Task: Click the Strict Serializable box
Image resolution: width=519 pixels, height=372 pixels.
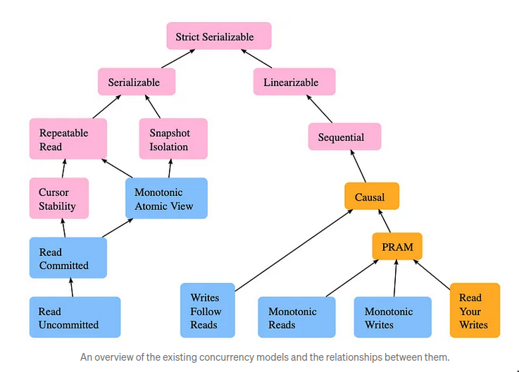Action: click(219, 37)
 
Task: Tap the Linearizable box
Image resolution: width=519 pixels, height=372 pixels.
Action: click(294, 82)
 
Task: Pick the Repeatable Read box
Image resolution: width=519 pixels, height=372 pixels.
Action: click(68, 139)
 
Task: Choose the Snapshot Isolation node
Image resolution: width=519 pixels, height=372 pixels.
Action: click(169, 139)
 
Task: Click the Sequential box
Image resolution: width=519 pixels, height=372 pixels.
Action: click(344, 137)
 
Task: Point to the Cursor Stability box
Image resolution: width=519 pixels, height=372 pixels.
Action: click(59, 199)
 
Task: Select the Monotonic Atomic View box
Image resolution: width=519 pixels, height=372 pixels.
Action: click(166, 199)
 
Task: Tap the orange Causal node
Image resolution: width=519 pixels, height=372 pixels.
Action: click(371, 197)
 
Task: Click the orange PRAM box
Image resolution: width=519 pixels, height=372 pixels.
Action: click(396, 247)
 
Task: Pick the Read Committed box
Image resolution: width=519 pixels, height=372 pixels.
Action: click(68, 259)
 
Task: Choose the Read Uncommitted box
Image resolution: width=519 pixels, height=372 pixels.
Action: click(75, 318)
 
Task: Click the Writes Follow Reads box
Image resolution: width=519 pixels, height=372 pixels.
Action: click(206, 311)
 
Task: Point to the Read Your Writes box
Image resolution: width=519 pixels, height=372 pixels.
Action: click(475, 311)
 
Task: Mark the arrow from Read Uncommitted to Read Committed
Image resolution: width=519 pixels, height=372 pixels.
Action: click(71, 287)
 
